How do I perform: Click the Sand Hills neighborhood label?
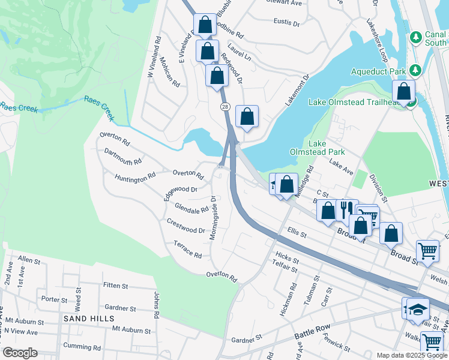[x=86, y=319]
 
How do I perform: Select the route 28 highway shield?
[x=224, y=106]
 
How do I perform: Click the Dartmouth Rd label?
[x=122, y=157]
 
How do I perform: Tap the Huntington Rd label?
[x=135, y=178]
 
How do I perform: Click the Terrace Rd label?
[x=187, y=250]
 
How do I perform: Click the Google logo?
[x=20, y=353]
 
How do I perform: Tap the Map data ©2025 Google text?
[x=411, y=355]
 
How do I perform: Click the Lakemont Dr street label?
[x=297, y=90]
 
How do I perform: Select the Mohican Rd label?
[x=170, y=72]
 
